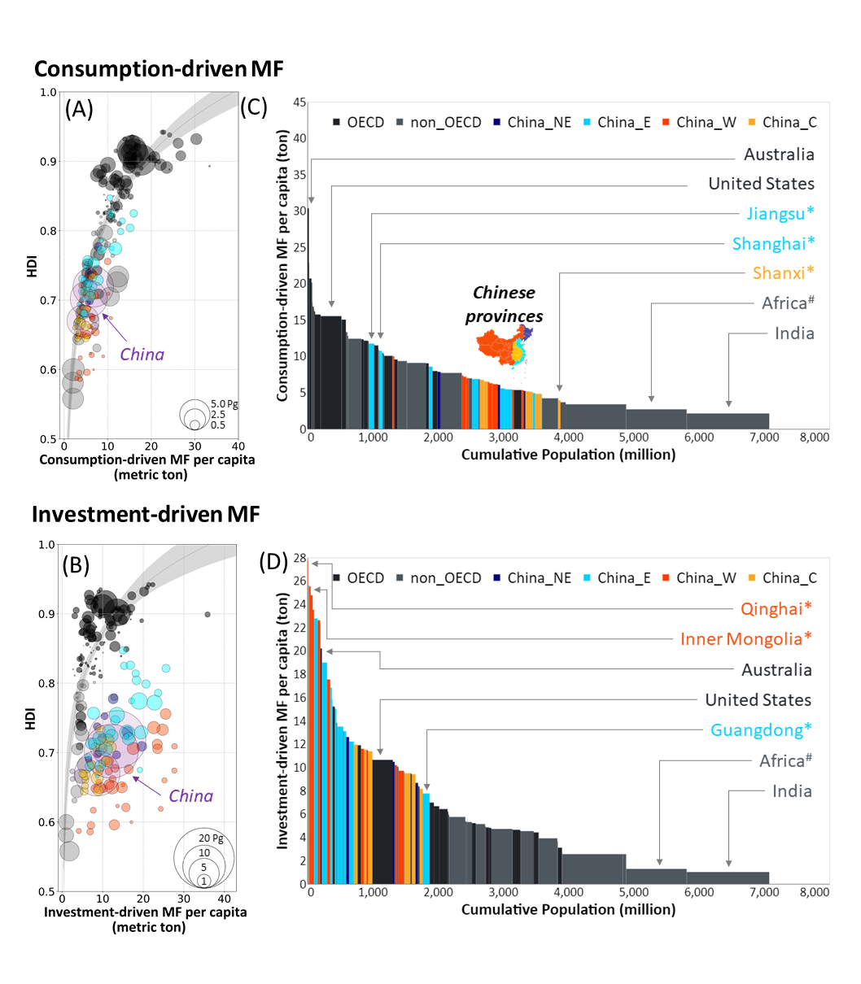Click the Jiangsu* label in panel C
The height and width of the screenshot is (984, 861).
point(780,213)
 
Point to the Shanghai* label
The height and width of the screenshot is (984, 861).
point(773,243)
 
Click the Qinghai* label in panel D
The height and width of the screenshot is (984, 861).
point(776,608)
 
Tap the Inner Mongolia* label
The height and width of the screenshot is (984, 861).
point(745,639)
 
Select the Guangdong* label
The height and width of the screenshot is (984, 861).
point(761,729)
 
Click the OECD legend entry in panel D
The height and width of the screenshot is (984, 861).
point(357,578)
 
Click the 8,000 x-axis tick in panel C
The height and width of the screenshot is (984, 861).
point(814,438)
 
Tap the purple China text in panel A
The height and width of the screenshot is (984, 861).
point(142,355)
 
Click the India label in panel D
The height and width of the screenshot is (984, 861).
point(792,791)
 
